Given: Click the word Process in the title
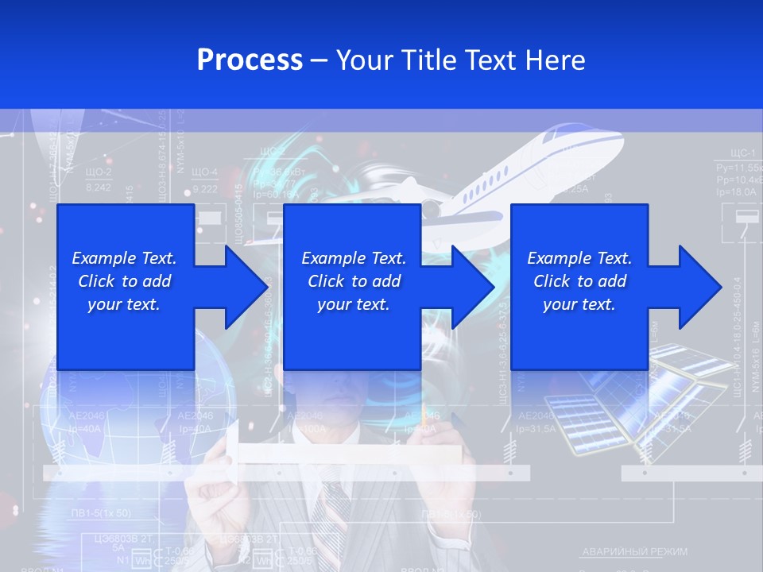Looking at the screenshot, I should point(250,60).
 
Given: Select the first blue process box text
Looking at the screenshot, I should point(124,281).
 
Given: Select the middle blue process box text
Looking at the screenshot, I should point(353,281).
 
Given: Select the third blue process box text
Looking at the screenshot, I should point(579,281).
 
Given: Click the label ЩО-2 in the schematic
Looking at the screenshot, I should point(99,172).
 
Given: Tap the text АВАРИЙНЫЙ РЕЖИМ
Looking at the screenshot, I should point(635,551).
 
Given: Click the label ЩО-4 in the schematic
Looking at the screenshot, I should point(205,172).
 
